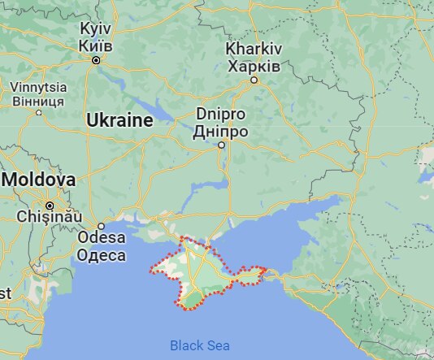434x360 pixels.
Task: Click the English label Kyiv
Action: click(x=95, y=28)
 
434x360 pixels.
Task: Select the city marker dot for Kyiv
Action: click(x=96, y=60)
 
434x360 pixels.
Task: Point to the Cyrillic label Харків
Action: click(x=254, y=64)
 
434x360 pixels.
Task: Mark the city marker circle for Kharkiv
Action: click(x=254, y=80)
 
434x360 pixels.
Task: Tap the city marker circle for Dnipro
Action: click(x=221, y=145)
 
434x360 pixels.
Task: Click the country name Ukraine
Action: click(x=119, y=121)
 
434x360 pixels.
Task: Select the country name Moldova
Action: click(x=38, y=179)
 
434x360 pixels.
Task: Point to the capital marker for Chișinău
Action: click(x=50, y=205)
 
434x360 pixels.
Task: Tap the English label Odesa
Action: click(x=102, y=239)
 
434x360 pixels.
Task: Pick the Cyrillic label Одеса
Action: click(x=102, y=255)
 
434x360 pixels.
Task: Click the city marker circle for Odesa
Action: click(x=102, y=226)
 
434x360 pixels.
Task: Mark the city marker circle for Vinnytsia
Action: click(x=38, y=113)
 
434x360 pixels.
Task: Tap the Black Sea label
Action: click(x=200, y=345)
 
